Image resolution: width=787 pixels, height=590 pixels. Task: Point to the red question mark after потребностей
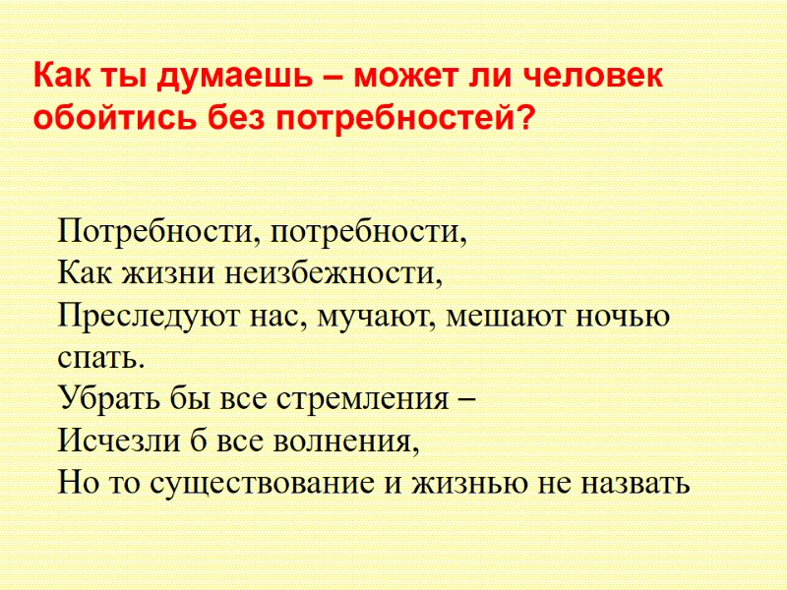pos(527,119)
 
